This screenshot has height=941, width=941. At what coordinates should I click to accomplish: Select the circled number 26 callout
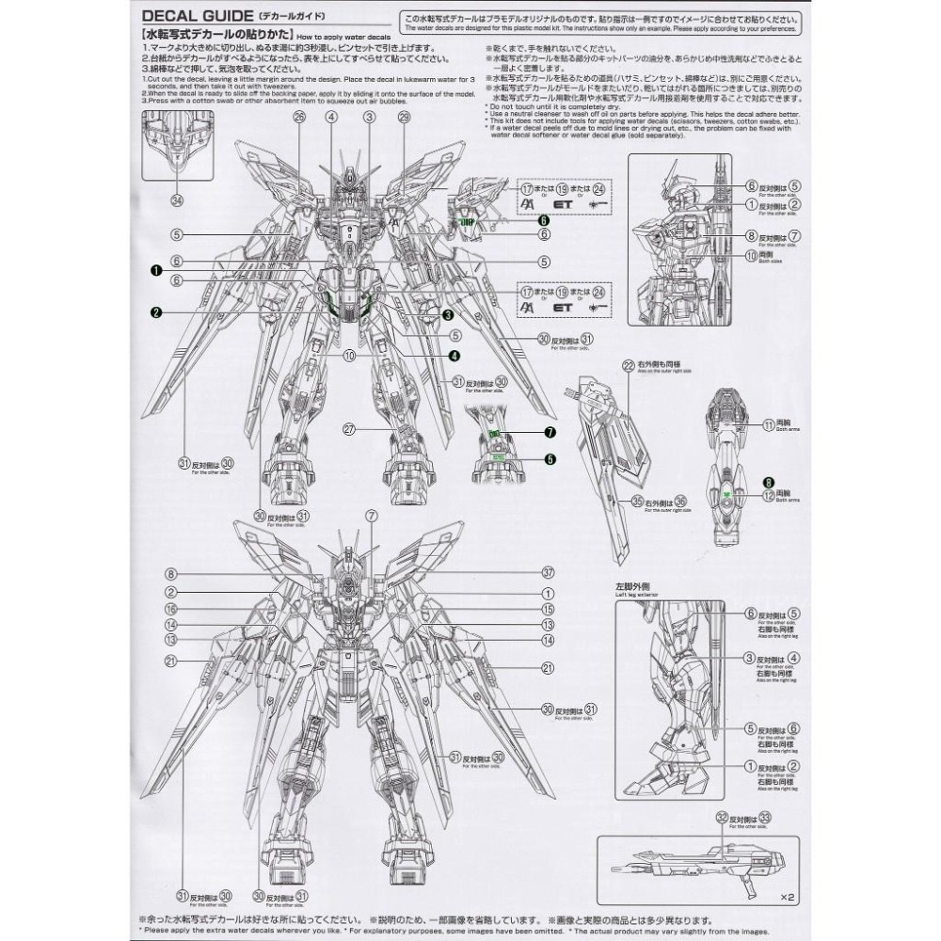coord(299,117)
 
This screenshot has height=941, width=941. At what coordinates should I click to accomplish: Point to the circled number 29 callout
coord(405,117)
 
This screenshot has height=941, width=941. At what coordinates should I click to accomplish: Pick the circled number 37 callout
coord(548,573)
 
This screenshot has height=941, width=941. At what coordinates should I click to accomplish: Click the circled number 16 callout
coord(171,609)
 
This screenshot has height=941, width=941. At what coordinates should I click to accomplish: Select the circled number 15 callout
coord(548,609)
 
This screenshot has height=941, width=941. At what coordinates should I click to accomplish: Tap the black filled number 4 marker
coord(455,356)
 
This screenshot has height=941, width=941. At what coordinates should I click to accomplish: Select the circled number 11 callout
coord(769,424)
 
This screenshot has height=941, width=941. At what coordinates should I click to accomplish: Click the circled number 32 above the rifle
coord(722,818)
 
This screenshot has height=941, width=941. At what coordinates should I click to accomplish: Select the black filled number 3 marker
coord(449,314)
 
